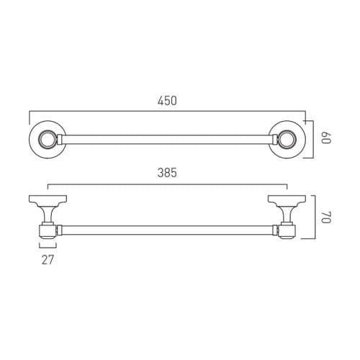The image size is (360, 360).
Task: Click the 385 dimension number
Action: [x=166, y=173]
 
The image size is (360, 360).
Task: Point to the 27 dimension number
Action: [x=48, y=259]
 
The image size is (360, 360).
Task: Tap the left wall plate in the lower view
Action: [x=48, y=198]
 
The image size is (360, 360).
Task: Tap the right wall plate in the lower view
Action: [x=287, y=198]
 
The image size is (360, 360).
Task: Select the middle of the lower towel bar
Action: [x=167, y=231]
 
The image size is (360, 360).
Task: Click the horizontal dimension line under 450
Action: [x=167, y=111]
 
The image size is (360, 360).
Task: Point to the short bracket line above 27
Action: [x=48, y=246]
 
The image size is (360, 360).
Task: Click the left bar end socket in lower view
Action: [x=47, y=231]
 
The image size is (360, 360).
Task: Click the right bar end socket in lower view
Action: [x=287, y=231]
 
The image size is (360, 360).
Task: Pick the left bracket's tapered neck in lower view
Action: [x=48, y=213]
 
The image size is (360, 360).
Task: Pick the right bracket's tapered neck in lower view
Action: [x=286, y=213]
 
